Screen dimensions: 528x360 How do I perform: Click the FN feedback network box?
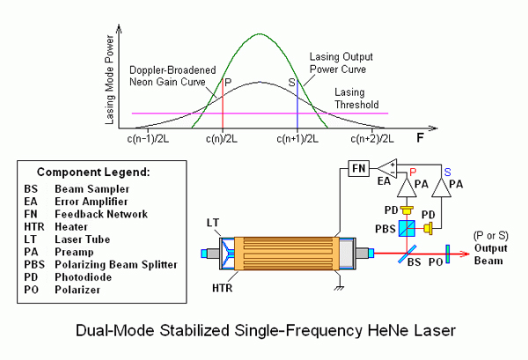359,168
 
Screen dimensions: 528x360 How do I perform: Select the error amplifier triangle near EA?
388,168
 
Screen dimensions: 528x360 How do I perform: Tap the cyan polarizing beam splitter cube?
407,228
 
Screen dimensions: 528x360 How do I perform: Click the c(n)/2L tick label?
222,139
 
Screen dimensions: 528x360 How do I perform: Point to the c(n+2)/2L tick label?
372,139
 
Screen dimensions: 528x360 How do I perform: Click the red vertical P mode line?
223,103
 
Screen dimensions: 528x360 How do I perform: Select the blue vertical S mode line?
297,103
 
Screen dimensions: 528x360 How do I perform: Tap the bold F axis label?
420,137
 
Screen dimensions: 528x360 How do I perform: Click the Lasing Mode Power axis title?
109,80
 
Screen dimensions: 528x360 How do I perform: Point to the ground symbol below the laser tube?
340,288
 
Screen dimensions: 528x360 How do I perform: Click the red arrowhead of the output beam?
465,253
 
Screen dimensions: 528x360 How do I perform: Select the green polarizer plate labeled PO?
448,253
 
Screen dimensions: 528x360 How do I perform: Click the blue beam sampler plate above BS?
407,253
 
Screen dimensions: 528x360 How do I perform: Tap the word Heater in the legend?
71,226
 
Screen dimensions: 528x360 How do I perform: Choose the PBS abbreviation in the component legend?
34,264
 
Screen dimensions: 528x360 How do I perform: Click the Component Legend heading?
93,173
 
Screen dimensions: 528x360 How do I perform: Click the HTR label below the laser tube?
223,289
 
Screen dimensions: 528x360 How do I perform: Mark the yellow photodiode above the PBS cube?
407,211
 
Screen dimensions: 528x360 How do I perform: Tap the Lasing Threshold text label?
356,99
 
